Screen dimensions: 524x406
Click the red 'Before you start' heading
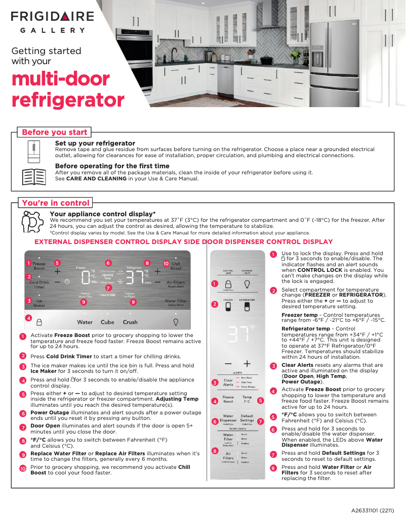54,132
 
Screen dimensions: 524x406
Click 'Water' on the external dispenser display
85,322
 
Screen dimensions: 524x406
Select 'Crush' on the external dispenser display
130,322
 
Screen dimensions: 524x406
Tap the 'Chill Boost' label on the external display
176,266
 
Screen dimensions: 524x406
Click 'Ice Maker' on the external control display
39,303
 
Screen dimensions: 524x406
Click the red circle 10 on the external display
166,263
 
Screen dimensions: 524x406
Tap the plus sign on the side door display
247,363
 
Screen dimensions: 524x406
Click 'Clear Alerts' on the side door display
228,383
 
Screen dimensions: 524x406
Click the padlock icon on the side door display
228,284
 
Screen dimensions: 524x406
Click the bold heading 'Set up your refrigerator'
95,144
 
